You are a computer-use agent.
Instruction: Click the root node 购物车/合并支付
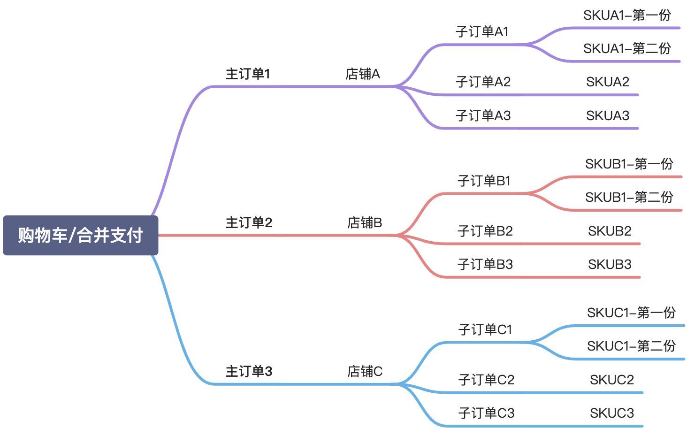(80, 235)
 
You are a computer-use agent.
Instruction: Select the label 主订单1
(248, 74)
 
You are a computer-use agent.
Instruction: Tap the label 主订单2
(249, 222)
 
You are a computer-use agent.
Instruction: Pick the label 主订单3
(249, 371)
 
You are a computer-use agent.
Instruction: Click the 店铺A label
(362, 74)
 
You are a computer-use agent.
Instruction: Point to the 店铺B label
(365, 222)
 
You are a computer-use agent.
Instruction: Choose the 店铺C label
(365, 371)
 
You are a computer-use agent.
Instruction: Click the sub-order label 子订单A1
(482, 32)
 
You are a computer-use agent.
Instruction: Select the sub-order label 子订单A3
(483, 115)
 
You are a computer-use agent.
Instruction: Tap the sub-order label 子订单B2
(485, 231)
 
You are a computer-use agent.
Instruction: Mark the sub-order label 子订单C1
(485, 330)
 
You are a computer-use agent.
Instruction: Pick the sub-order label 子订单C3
(486, 413)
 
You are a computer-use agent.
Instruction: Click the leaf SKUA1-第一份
(627, 15)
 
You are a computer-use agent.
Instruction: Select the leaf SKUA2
(607, 82)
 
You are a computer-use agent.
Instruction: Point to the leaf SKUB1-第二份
(629, 197)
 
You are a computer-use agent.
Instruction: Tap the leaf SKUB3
(610, 264)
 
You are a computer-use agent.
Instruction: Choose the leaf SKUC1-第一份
(631, 313)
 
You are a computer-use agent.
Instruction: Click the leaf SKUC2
(611, 380)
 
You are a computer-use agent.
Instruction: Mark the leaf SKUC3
(611, 413)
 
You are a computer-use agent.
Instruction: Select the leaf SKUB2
(610, 231)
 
